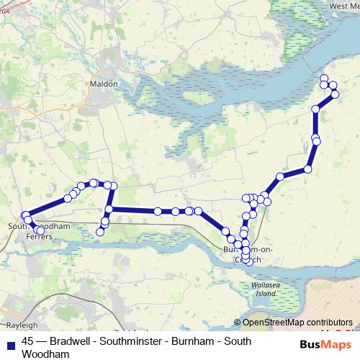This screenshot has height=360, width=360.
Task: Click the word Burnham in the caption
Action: pyautogui.click(x=199, y=341)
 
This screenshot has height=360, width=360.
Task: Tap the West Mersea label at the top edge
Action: pyautogui.click(x=344, y=6)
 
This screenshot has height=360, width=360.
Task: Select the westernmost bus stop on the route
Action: pyautogui.click(x=25, y=215)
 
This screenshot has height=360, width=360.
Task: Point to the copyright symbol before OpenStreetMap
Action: pyautogui.click(x=238, y=322)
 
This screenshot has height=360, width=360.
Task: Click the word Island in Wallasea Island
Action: pyautogui.click(x=266, y=294)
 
